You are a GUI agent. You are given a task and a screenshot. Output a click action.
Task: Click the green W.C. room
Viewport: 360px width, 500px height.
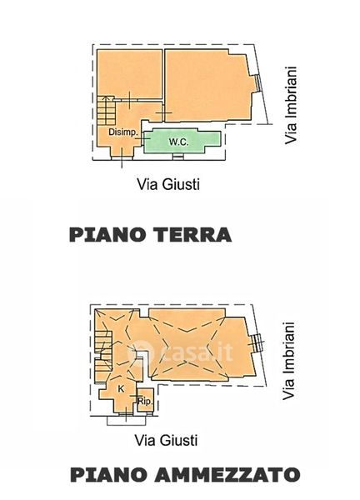pos(182,141)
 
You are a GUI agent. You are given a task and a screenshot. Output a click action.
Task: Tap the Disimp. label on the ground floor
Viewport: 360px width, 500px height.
pos(122,132)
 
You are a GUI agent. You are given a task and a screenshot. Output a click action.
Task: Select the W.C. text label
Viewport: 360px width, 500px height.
pos(178,142)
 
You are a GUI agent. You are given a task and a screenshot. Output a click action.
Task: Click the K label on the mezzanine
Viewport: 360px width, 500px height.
pos(121,388)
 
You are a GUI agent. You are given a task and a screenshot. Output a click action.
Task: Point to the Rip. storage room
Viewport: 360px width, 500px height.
pos(145,400)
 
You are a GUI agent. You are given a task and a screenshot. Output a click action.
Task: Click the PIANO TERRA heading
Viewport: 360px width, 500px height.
pos(151,235)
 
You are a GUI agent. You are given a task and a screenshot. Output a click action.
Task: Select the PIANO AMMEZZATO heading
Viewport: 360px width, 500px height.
pos(185,475)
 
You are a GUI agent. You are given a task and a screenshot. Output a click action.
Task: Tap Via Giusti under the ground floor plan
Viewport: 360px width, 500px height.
pos(168,184)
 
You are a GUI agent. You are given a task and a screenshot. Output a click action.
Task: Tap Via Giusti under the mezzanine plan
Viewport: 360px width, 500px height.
pos(166,440)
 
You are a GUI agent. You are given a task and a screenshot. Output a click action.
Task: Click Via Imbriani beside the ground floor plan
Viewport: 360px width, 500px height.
pos(291,105)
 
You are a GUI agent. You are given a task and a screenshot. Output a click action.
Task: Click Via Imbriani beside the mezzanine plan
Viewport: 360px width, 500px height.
pos(288,361)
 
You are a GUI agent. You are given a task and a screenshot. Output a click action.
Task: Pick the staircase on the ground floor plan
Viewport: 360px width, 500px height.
pos(106,110)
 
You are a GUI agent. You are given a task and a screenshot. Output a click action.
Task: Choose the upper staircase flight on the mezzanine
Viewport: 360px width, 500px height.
pos(103,341)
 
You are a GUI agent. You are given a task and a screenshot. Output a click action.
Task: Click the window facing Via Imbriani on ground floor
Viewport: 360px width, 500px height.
pos(259,82)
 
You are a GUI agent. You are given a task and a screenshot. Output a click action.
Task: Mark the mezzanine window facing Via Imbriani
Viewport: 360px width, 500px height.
pos(257,344)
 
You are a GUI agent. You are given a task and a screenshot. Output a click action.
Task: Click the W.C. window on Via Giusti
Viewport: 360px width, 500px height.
pos(178,156)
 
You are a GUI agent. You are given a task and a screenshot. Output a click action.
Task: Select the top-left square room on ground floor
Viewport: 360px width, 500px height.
pos(130,73)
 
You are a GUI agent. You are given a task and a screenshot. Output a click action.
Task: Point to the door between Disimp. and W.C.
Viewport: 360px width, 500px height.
pos(142,138)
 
